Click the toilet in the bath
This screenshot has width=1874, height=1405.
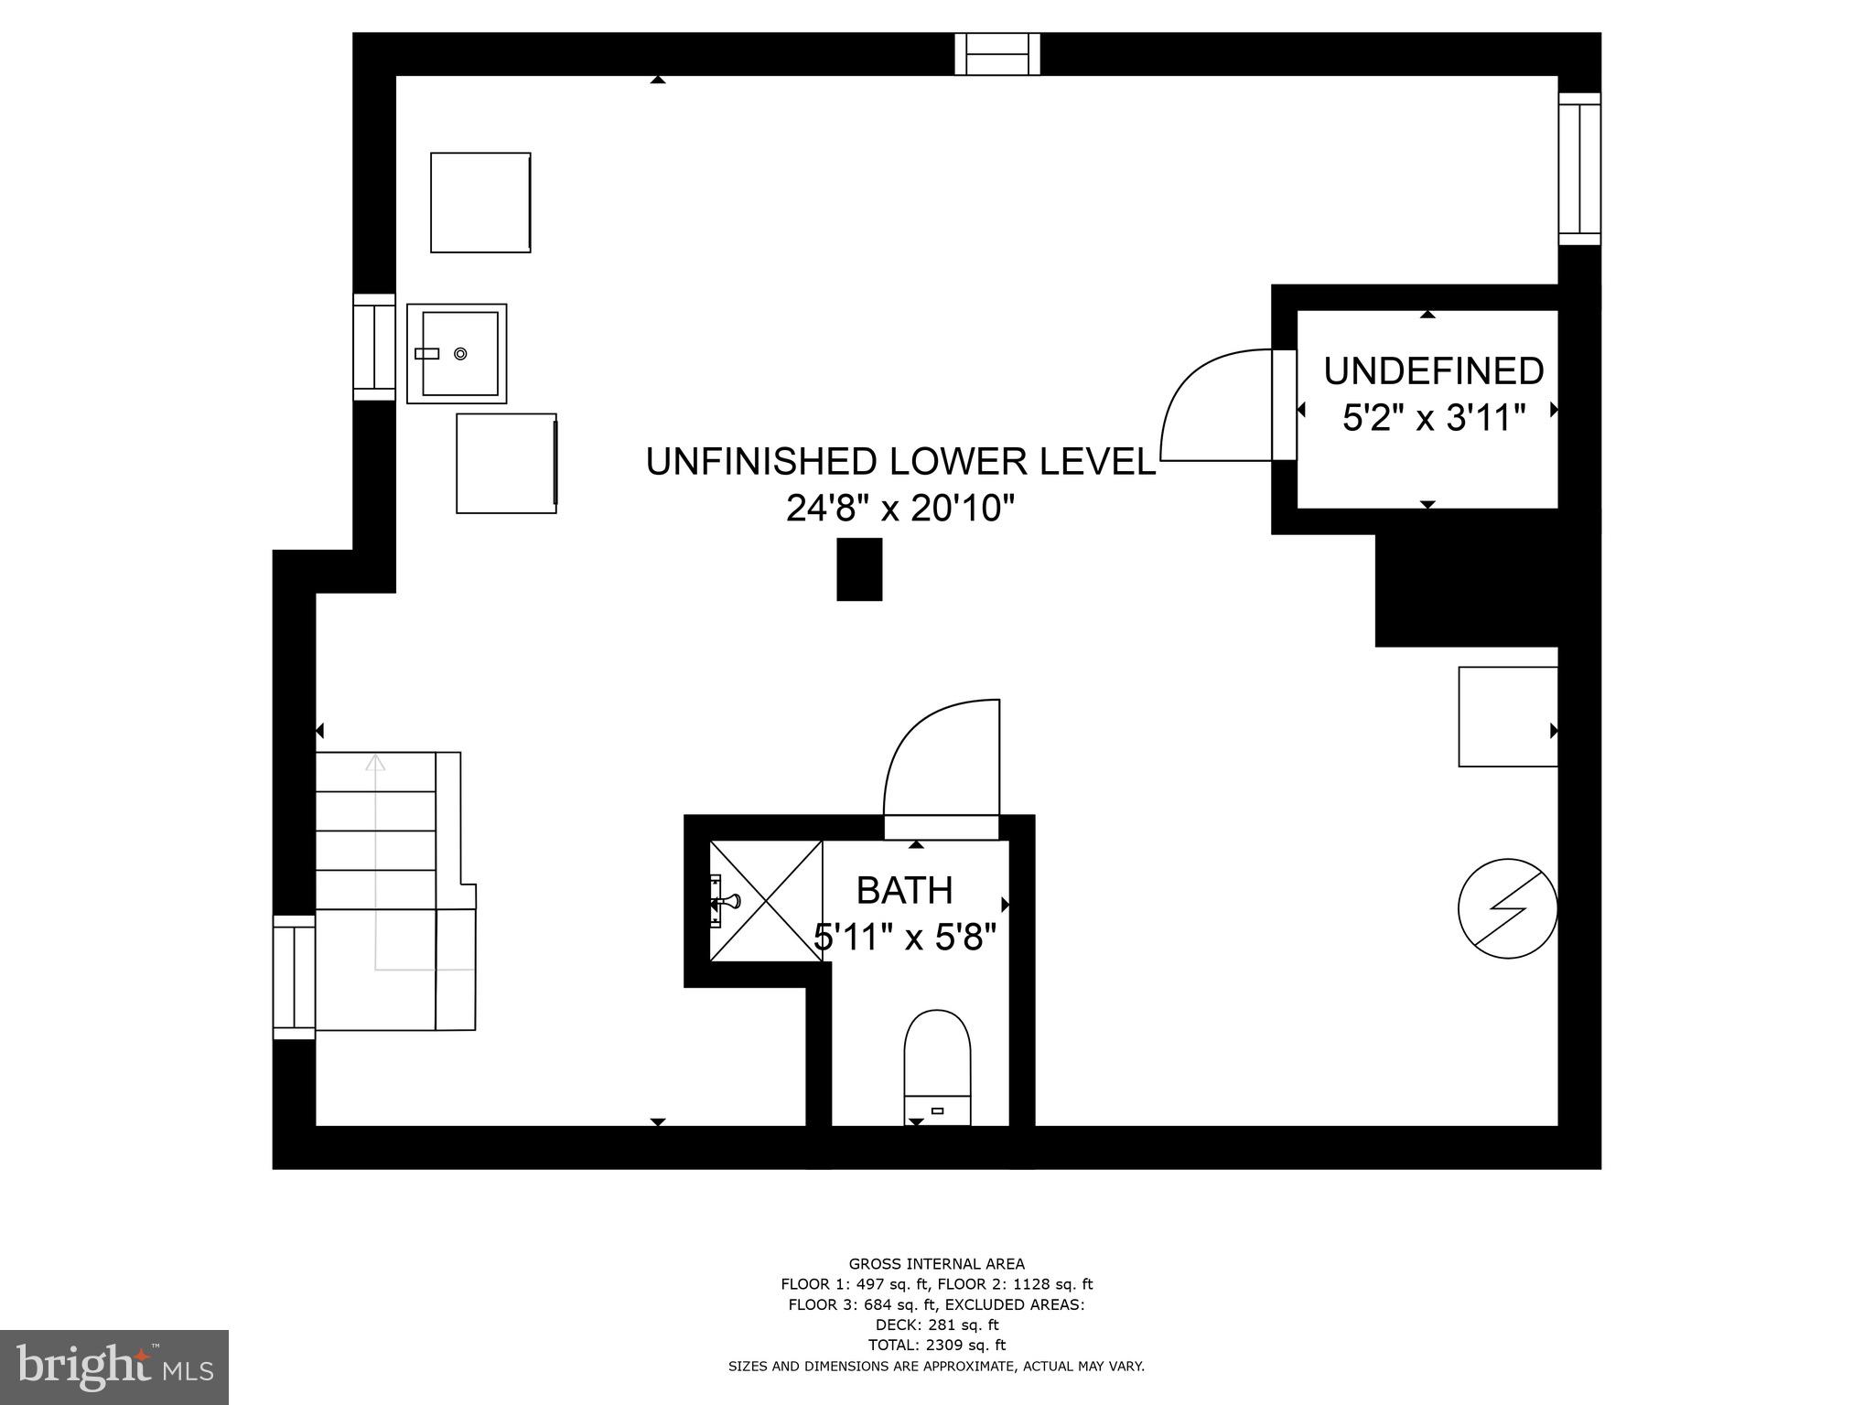coord(937,1067)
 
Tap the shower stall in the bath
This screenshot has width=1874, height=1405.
coord(766,900)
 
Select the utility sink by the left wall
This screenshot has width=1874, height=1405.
coord(457,353)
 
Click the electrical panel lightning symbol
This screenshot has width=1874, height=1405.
coord(1507,908)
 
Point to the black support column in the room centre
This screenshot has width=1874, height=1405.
coord(859,569)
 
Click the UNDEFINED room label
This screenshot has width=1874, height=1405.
coord(1434,371)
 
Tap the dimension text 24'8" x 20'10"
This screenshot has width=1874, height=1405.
coord(900,508)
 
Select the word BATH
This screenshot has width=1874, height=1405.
coord(904,890)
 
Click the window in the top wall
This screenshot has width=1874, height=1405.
coord(997,54)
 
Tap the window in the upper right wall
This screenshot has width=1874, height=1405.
coord(1579,168)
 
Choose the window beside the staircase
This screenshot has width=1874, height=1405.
coord(294,977)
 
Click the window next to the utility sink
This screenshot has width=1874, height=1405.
coord(374,347)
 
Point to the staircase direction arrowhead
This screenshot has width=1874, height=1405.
coord(374,761)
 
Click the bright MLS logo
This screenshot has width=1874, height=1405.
coord(114,1367)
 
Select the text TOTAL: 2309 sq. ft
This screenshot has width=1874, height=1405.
coord(936,1345)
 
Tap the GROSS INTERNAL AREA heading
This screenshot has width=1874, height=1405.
coord(936,1264)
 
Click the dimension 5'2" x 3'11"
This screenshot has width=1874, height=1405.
coord(1434,419)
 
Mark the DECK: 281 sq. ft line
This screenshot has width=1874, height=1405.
coord(936,1325)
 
